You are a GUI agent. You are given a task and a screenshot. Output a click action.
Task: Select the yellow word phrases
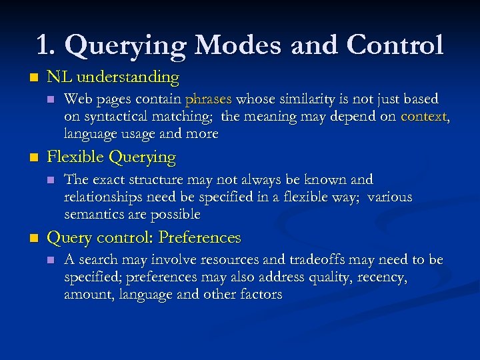(208, 99)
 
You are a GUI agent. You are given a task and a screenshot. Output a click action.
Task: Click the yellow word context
(424, 117)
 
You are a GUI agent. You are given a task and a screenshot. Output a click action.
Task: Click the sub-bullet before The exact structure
(49, 180)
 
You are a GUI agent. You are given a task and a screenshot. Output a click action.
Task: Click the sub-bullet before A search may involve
(49, 261)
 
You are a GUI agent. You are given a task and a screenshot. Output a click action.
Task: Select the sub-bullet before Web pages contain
(49, 100)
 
